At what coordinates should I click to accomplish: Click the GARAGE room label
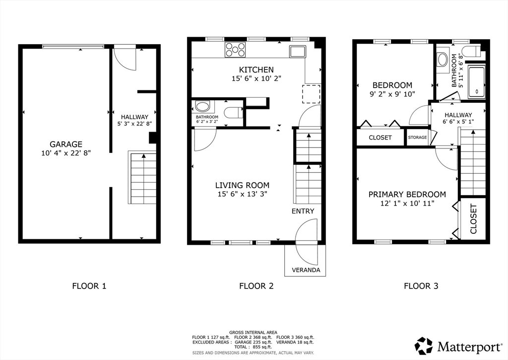[66, 144]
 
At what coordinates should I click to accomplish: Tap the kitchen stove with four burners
[235, 50]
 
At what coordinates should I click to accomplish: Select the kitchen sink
[298, 52]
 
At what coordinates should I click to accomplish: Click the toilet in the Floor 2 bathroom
[234, 113]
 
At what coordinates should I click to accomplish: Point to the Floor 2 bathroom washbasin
[203, 106]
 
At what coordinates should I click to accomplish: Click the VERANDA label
[306, 270]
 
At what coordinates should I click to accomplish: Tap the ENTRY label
[303, 211]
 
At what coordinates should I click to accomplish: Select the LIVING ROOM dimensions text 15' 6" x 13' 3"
[242, 194]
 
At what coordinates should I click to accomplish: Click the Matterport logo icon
[424, 346]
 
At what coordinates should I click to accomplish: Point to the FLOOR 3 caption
[421, 286]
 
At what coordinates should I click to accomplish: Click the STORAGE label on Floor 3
[417, 138]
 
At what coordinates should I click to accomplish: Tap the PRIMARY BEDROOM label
[407, 194]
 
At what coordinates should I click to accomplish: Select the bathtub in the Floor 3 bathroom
[477, 82]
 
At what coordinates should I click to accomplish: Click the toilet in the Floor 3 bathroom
[472, 52]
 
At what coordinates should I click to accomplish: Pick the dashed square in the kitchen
[311, 94]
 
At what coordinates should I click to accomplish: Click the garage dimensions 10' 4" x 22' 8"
[66, 153]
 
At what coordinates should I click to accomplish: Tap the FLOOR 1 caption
[89, 286]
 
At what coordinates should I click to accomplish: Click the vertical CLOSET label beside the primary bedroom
[473, 218]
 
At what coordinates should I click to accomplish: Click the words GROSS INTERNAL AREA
[253, 332]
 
